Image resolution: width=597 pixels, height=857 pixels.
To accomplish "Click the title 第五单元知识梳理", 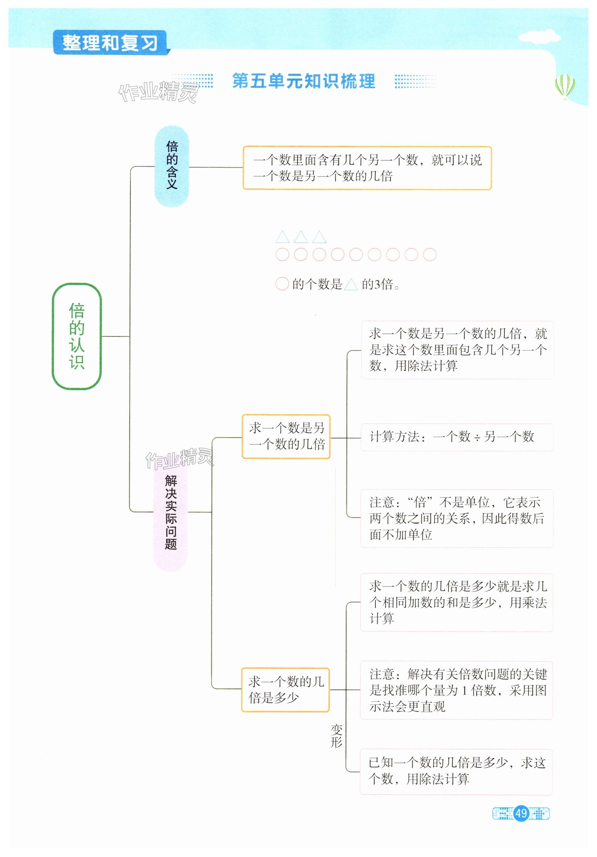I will tap(304, 81).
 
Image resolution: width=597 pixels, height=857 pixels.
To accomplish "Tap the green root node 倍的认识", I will tap(77, 336).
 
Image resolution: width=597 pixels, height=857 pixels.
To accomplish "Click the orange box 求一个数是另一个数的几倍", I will tap(286, 436).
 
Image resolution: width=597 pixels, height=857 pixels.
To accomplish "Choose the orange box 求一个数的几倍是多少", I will tap(285, 689).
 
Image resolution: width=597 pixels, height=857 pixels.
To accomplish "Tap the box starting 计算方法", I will tap(456, 437).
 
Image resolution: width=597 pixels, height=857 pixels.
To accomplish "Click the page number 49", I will tap(521, 813).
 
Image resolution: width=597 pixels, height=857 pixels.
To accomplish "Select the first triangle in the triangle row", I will tap(282, 237).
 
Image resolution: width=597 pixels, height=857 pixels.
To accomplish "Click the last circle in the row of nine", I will tap(430, 254).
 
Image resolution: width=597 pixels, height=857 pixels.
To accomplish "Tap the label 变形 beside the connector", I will tap(336, 736).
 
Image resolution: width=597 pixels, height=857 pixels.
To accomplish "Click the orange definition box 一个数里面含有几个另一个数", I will tap(367, 168).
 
